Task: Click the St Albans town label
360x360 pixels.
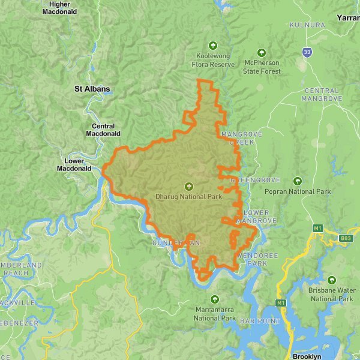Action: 92,89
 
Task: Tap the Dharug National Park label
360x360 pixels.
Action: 189,196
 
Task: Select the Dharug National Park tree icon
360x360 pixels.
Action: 189,186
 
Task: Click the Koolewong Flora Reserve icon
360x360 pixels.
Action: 212,46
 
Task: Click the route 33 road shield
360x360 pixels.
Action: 308,53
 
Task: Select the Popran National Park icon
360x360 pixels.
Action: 298,181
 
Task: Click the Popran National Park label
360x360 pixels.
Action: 298,192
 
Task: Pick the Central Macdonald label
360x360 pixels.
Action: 107,130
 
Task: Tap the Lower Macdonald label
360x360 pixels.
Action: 74,165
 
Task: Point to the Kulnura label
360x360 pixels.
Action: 307,25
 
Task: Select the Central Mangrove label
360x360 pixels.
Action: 322,94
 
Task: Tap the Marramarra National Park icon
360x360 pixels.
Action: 215,299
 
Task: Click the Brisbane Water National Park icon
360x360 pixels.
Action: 332,280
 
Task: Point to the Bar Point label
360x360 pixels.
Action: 260,322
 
